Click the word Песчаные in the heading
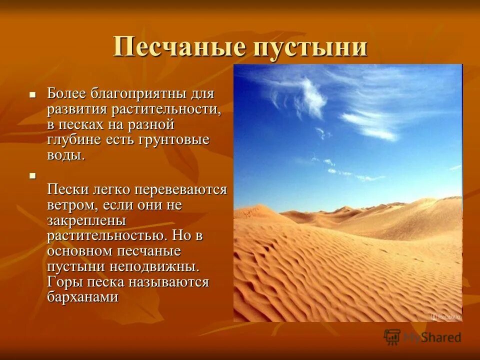180,47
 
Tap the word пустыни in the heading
311,47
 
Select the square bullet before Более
33,94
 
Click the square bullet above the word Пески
33,175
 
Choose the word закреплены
86,220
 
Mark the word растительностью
107,235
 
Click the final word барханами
83,296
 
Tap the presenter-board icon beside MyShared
392,336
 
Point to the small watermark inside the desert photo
446,317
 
